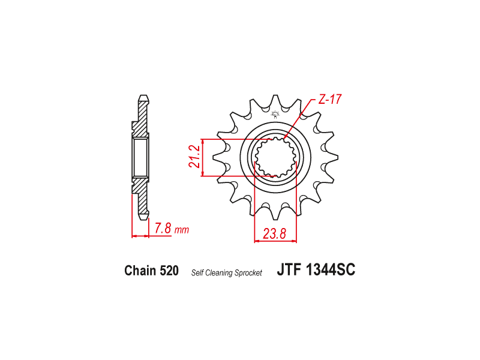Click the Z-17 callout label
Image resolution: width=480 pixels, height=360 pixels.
[329, 100]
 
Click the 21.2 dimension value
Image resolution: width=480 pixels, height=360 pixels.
[194, 157]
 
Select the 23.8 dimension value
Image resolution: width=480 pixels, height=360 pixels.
[274, 234]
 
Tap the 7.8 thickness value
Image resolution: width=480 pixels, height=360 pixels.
[163, 229]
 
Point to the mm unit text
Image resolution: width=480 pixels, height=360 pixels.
[182, 230]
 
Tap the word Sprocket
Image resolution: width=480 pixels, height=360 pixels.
[248, 273]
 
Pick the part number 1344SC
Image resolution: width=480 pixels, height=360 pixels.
[331, 269]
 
